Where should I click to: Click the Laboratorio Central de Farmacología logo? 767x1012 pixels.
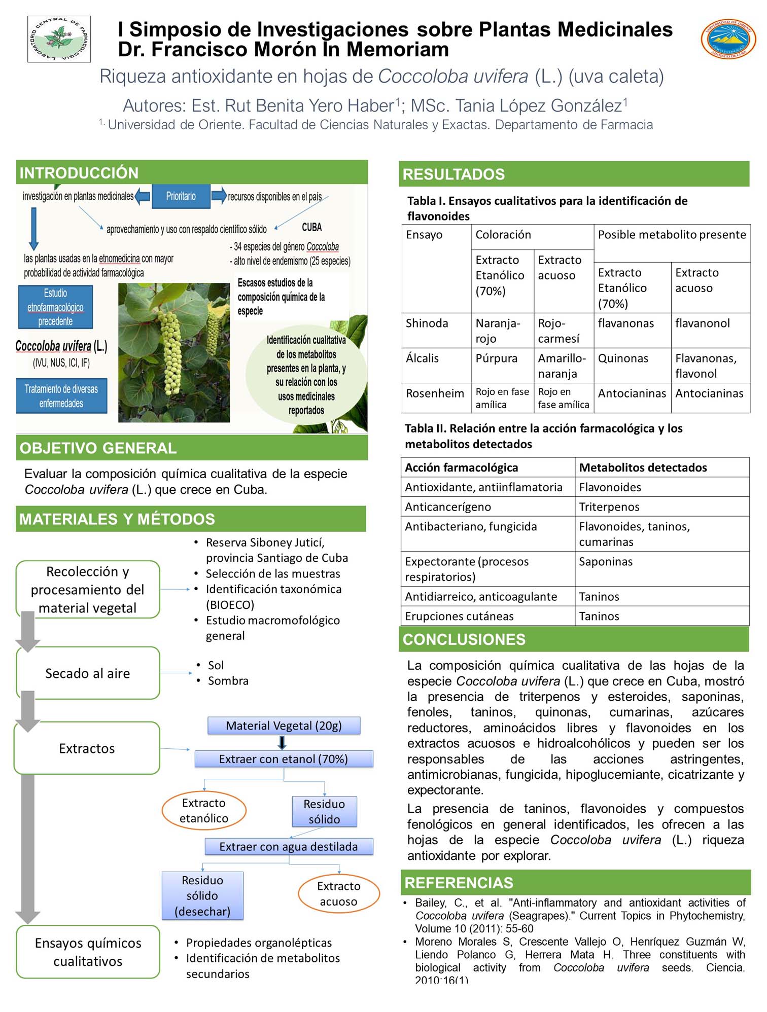(x=59, y=39)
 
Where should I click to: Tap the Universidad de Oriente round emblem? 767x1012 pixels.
(x=728, y=39)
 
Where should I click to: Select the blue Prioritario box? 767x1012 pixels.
(x=181, y=196)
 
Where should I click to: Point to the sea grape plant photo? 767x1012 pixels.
(x=173, y=352)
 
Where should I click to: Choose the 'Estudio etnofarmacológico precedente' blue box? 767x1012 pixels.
(x=55, y=307)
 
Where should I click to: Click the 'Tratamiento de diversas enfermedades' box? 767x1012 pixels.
(x=61, y=396)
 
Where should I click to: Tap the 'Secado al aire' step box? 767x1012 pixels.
(x=88, y=673)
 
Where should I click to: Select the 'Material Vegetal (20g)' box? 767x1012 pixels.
(x=284, y=726)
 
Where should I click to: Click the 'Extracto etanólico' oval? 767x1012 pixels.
(x=204, y=810)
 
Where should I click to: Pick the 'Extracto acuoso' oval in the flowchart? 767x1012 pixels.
(x=338, y=893)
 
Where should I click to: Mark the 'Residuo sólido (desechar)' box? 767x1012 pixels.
(x=202, y=896)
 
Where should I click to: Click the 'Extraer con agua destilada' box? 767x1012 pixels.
(x=289, y=847)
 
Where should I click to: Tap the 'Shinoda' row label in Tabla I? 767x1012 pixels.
(x=427, y=323)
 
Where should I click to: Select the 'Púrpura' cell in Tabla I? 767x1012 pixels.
(x=497, y=358)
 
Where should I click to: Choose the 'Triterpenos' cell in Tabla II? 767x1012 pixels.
(x=609, y=507)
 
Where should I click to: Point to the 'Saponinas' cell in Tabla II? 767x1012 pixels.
(x=606, y=562)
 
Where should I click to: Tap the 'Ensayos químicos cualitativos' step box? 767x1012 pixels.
(x=88, y=952)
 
